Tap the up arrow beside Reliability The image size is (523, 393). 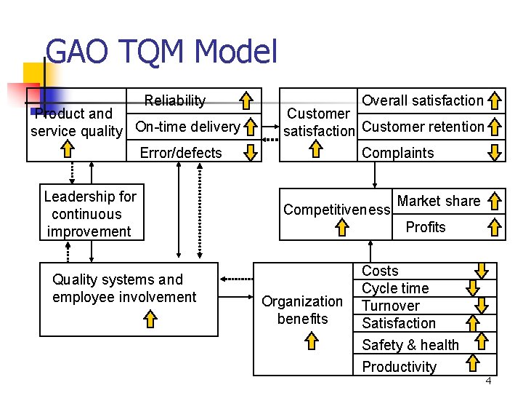coord(248,100)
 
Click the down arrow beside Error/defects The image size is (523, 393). coord(250,152)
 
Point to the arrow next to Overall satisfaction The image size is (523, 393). coord(495,100)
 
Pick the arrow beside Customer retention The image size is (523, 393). coord(495,127)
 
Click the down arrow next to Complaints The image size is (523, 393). coord(495,152)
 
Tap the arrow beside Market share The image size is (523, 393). coord(495,202)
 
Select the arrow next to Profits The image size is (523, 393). coord(495,227)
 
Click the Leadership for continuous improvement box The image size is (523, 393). coord(90,214)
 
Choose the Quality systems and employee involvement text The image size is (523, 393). coord(124,288)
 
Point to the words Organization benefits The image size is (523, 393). coord(301,310)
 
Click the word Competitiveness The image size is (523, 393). coord(337,210)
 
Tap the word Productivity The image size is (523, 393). coord(399,367)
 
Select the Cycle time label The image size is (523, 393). coord(395,288)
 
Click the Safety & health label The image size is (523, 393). coord(410,345)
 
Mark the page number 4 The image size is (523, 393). coord(489,381)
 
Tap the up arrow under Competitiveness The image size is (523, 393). coord(342,229)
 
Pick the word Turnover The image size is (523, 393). coord(390,306)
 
